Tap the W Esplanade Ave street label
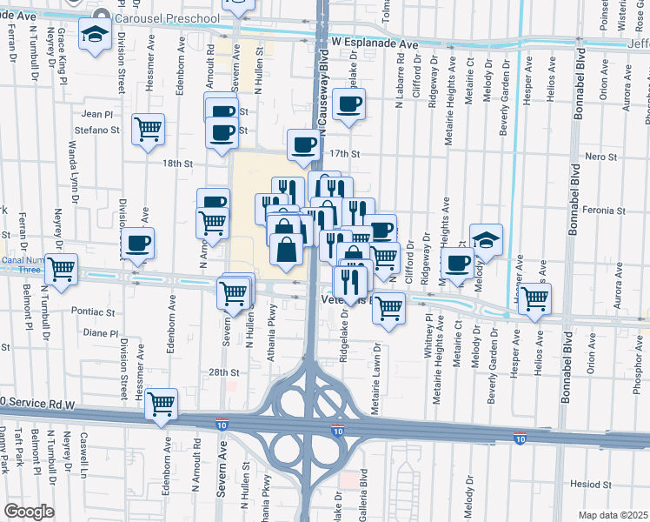click(x=394, y=41)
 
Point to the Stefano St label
click(x=102, y=130)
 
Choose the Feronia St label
click(x=606, y=211)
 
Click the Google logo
click(x=28, y=512)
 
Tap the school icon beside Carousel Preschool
click(x=93, y=36)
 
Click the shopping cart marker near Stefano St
click(x=149, y=129)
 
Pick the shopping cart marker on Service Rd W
click(x=162, y=403)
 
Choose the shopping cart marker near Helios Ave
click(x=535, y=298)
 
